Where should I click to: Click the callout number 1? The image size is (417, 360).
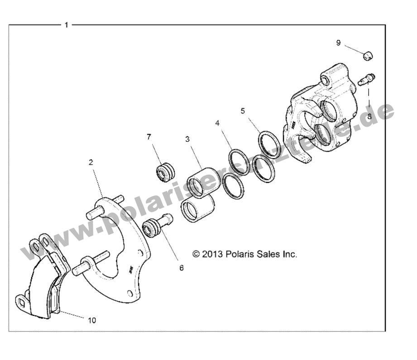(66, 25)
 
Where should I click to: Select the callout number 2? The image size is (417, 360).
(91, 162)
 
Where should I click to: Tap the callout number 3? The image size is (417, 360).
(187, 139)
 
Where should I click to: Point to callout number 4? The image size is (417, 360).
(218, 123)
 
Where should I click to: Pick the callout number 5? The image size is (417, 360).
(243, 111)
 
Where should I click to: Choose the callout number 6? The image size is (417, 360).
(182, 268)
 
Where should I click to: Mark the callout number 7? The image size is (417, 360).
(149, 137)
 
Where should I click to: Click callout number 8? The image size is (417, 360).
(369, 116)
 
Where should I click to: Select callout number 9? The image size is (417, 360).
(338, 43)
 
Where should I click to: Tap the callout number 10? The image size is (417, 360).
(92, 320)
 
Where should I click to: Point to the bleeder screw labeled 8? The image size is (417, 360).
(365, 80)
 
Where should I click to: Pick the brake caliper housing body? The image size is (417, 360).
(321, 109)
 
